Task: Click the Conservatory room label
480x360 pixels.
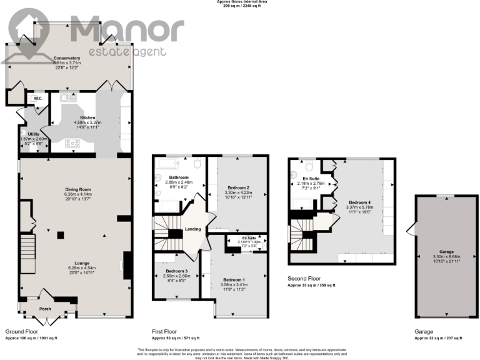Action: pyautogui.click(x=67, y=58)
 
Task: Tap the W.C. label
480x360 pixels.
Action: pyautogui.click(x=37, y=99)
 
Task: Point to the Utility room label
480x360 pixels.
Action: pyautogui.click(x=34, y=134)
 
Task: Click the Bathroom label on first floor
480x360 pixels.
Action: pyautogui.click(x=163, y=177)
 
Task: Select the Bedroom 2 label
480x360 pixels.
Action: pyautogui.click(x=239, y=188)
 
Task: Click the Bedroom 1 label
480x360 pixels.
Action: pyautogui.click(x=234, y=279)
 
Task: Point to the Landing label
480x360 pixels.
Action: pyautogui.click(x=193, y=229)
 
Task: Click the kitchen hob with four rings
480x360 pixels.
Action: pyautogui.click(x=73, y=143)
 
